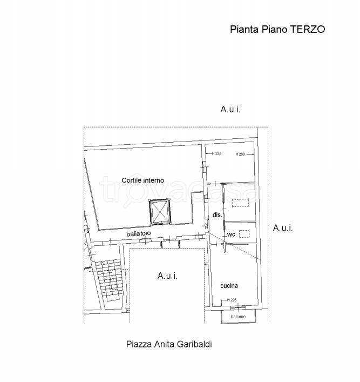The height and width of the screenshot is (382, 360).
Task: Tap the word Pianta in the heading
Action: pos(243,30)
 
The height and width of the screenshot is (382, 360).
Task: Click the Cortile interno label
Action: pos(142,180)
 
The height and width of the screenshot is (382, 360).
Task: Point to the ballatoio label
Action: pos(139,233)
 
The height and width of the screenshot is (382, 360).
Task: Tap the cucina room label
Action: pos(229,285)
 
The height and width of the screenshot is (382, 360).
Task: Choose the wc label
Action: pos(231,234)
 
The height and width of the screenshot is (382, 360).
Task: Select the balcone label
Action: pos(239,316)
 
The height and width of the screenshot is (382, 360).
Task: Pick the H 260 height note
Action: pos(240,155)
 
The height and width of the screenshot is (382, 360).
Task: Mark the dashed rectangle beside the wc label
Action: pos(244,233)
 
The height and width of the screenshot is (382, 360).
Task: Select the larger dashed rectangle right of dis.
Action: pos(239,203)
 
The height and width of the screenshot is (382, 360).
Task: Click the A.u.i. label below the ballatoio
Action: pos(167,276)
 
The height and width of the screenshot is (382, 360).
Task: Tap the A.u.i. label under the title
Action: pos(230,109)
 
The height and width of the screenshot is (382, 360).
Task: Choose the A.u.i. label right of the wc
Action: pos(283,228)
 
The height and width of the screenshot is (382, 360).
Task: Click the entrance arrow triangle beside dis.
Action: pos(206,225)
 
